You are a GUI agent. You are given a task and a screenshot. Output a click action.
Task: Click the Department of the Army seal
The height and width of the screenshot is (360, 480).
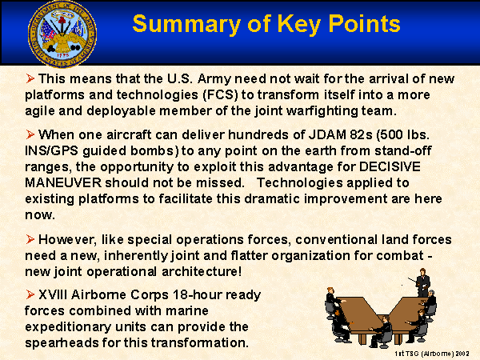click(x=62, y=34)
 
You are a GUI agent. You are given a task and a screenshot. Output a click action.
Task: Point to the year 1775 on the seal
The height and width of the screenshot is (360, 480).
click(x=63, y=55)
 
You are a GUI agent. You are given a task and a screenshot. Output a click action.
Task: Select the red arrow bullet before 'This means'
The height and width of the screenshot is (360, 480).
click(x=30, y=78)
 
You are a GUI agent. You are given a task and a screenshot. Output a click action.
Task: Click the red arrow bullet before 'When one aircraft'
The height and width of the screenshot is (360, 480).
click(x=30, y=134)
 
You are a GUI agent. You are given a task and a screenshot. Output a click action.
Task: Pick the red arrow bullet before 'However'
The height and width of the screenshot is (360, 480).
click(x=30, y=239)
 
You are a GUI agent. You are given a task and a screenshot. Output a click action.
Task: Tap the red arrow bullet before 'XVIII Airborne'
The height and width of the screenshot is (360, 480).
click(x=30, y=294)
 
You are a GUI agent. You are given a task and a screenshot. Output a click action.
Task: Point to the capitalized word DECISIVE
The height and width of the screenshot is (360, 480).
click(x=390, y=167)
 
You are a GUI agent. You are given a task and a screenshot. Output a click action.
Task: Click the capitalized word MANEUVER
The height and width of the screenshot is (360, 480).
click(x=63, y=182)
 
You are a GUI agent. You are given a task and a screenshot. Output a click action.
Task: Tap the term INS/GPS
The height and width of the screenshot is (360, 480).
click(x=52, y=151)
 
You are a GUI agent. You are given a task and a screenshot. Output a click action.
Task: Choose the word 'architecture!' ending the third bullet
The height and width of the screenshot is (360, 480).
click(x=202, y=271)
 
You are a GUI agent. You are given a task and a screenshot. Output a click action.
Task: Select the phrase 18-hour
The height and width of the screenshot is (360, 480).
click(x=198, y=294)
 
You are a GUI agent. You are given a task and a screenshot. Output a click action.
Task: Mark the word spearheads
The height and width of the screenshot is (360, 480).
click(x=62, y=343)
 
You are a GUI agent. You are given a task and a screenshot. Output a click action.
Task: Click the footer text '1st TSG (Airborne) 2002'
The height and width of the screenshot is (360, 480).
click(x=432, y=354)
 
